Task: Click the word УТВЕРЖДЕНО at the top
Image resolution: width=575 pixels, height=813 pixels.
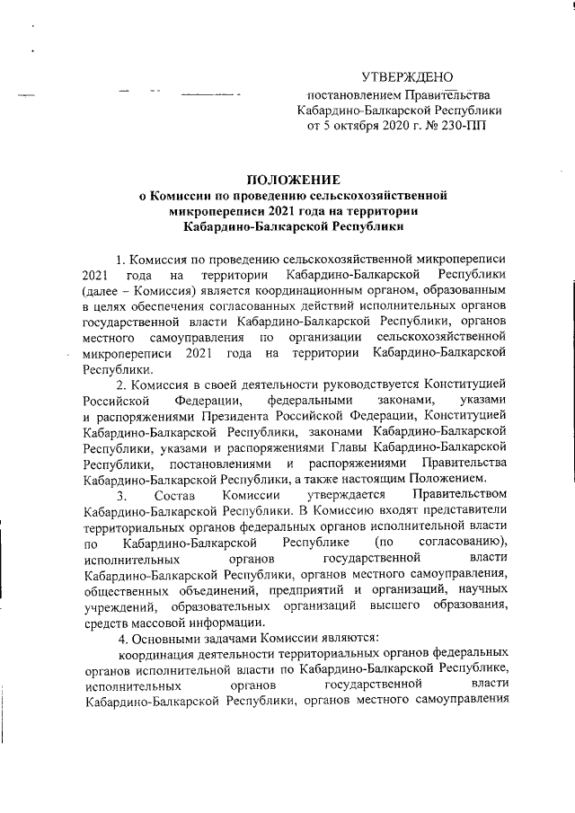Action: tap(406, 76)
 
